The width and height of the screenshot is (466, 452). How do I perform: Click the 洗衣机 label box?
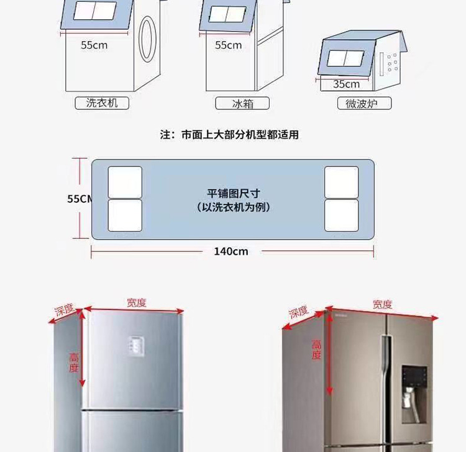(x=102, y=103)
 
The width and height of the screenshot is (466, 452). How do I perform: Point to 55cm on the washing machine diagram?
(x=94, y=45)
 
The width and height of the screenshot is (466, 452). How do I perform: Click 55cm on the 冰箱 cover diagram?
(x=229, y=45)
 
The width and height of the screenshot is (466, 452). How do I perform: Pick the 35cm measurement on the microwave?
(x=347, y=84)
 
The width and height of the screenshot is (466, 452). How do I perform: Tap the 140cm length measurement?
(x=231, y=251)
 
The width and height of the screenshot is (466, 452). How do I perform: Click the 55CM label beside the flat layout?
(x=80, y=199)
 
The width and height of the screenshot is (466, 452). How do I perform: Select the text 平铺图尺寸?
(x=233, y=193)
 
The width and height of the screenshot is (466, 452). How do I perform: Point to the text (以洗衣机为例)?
(x=233, y=207)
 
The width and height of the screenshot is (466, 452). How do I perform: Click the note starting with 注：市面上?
(x=229, y=135)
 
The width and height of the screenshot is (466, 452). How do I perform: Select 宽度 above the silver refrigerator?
(x=137, y=302)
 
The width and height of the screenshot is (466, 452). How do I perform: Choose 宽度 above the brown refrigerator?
(x=383, y=304)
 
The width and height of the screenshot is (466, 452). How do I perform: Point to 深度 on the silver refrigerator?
(x=64, y=310)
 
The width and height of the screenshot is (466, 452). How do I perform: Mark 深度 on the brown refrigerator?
(x=298, y=312)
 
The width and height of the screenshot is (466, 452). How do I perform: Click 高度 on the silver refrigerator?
(x=74, y=362)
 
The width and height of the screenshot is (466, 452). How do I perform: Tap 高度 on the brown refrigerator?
(x=316, y=350)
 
